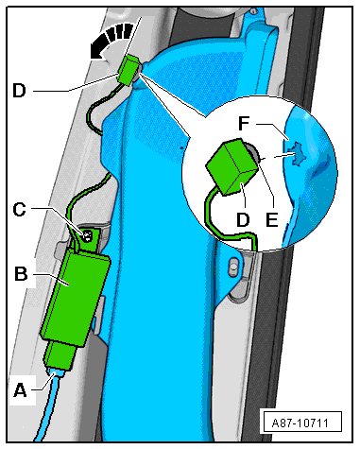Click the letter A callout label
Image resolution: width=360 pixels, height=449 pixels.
21,390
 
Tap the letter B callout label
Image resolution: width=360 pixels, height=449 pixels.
21,273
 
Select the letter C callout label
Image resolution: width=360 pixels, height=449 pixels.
19,209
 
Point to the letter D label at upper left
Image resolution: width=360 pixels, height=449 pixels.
19,91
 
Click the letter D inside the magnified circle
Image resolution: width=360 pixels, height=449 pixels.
243,219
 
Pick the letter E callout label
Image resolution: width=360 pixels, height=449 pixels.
271,219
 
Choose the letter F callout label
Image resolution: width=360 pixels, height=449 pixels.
244,124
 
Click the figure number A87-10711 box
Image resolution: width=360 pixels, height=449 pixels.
300,422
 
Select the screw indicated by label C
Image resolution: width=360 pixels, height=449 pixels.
87,235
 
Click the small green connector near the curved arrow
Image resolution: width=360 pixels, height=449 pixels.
129,70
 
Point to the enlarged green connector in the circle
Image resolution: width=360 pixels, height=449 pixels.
232,167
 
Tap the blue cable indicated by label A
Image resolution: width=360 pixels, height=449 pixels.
48,406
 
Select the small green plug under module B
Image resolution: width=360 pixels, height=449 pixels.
60,355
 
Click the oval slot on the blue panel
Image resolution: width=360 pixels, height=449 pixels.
233,266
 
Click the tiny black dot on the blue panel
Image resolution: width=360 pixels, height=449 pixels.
181,147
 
